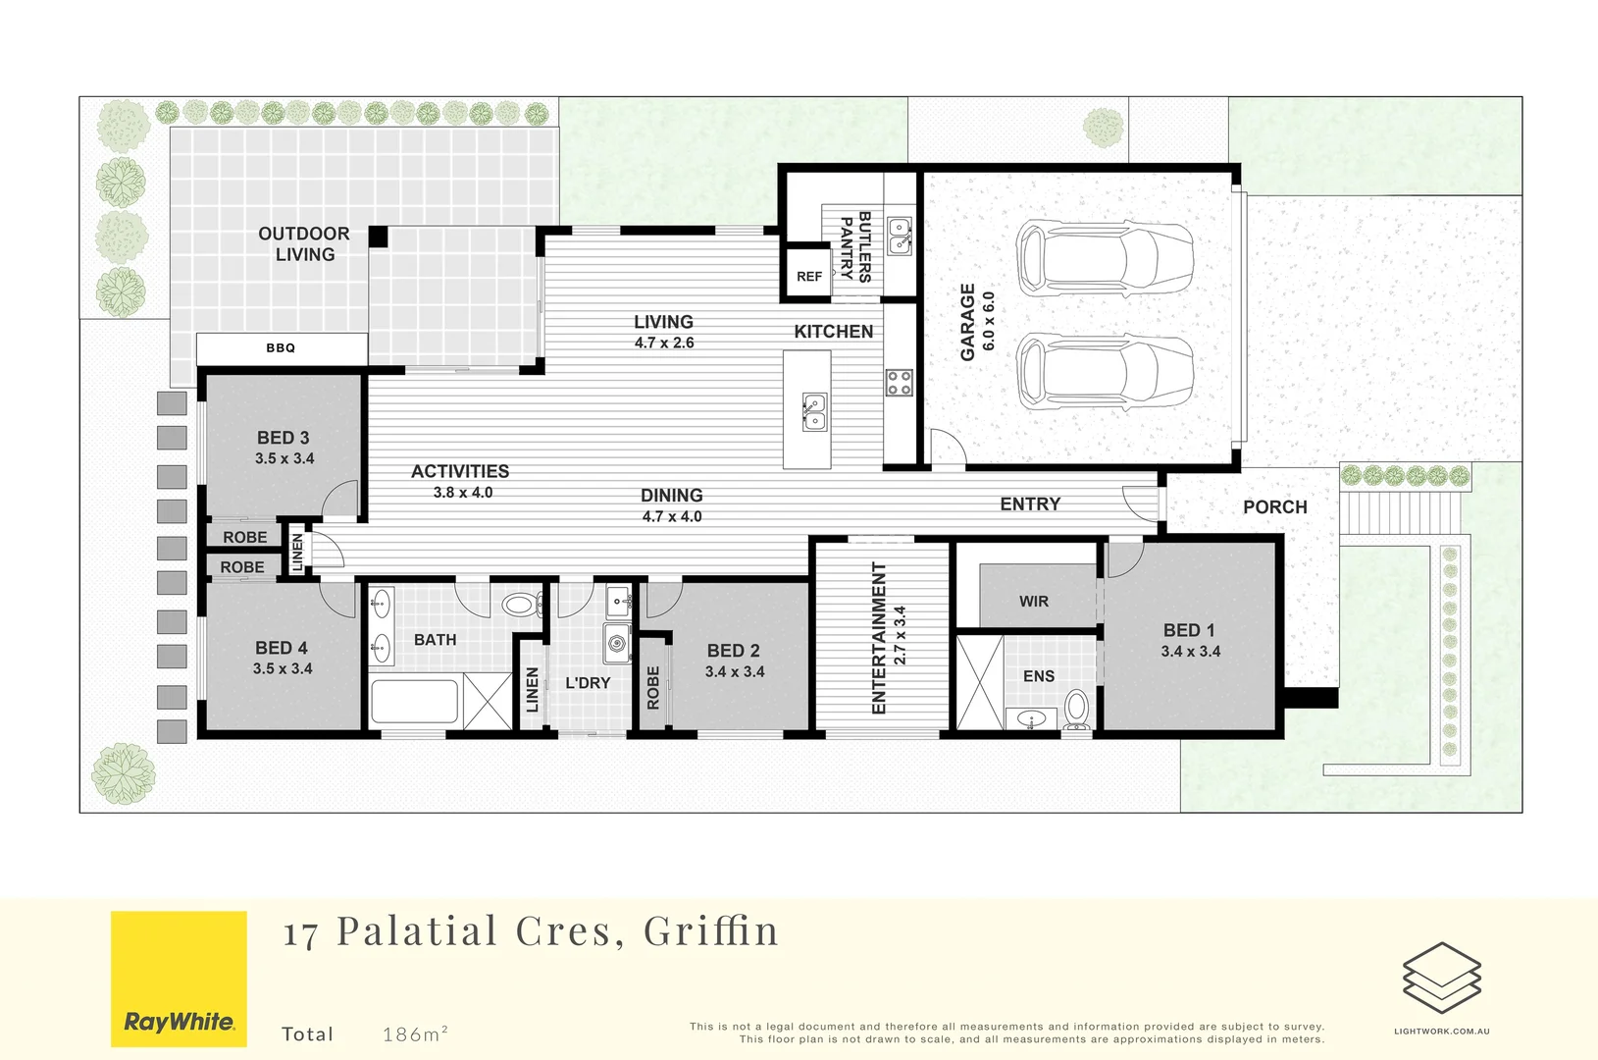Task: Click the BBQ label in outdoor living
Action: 281,347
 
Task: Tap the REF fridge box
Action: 809,274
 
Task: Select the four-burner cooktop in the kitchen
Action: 899,383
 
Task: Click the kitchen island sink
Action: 814,412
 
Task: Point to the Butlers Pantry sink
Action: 900,237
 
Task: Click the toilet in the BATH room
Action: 523,606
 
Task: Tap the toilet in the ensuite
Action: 1076,710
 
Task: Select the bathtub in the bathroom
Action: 415,701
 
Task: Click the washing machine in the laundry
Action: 617,643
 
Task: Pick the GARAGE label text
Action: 967,322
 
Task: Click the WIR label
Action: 1034,602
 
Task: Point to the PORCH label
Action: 1275,507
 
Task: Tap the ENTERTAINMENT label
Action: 879,638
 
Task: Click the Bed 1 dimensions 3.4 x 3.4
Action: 1191,652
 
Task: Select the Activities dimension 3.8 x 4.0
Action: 463,493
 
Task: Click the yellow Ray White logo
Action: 180,979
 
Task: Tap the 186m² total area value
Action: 415,1033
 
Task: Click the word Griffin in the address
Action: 710,930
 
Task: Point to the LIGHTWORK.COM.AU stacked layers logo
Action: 1442,978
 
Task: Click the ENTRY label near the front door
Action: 1030,504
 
